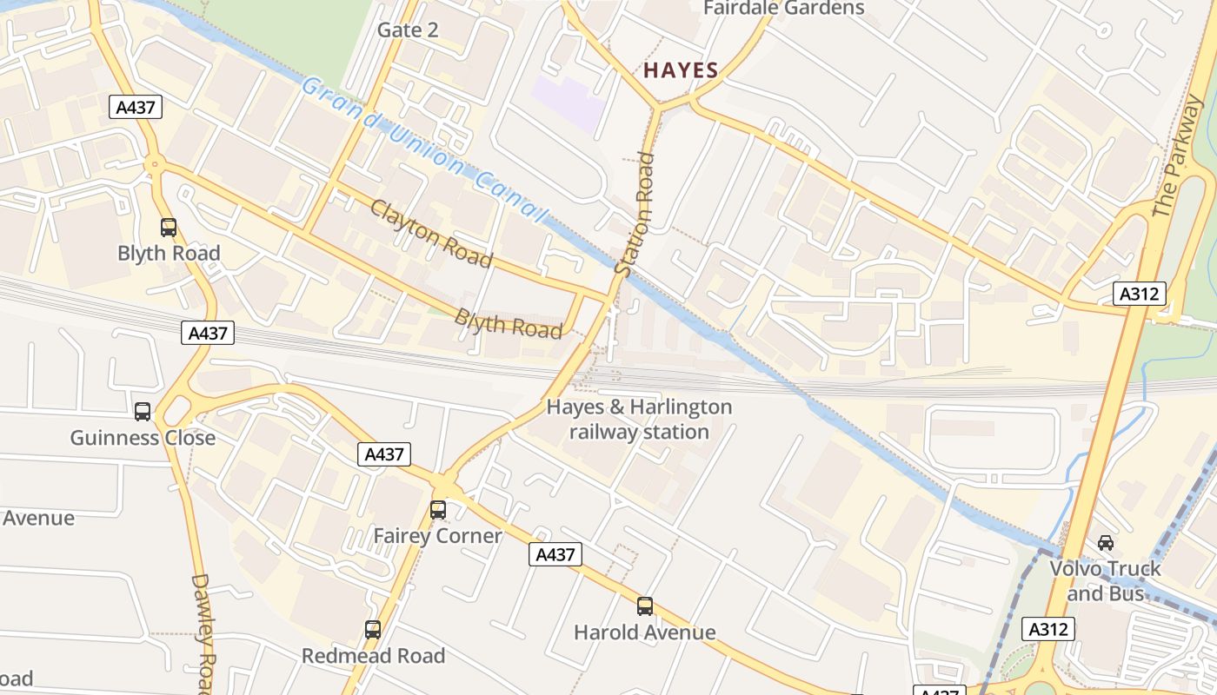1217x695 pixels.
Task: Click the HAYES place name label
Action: [681, 71]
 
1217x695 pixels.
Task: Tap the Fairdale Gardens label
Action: [783, 9]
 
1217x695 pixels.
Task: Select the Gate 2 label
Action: [408, 30]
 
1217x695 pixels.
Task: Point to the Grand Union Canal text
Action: [425, 150]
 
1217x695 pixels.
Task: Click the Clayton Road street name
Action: [431, 234]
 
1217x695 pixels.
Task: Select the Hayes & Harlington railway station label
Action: [639, 420]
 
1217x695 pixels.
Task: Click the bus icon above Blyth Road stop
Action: [169, 228]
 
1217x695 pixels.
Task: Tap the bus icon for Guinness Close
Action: [143, 412]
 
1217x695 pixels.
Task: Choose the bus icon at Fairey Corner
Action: [438, 510]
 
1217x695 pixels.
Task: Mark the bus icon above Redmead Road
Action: [373, 630]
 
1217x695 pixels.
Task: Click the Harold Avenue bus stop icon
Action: [645, 606]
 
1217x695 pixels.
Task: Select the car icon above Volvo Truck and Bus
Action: [1106, 543]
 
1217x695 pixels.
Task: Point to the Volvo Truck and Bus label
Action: [1105, 581]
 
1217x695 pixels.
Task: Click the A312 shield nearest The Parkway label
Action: [1139, 294]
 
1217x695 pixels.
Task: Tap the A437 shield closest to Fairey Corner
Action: [384, 453]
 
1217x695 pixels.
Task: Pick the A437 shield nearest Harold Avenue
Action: [555, 554]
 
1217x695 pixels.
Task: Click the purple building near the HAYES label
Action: [569, 103]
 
